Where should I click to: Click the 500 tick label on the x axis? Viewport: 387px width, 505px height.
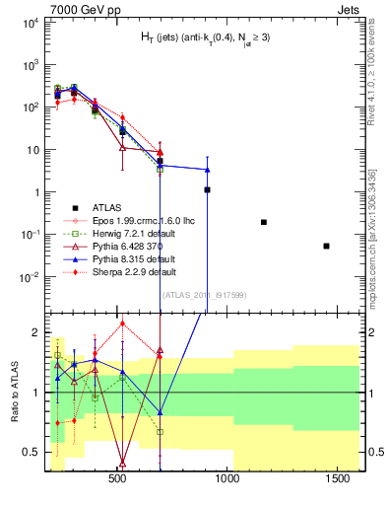(117, 479)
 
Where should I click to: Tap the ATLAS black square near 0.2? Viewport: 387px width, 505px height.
(263, 222)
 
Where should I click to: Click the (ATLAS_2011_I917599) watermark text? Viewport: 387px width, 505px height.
(203, 294)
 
